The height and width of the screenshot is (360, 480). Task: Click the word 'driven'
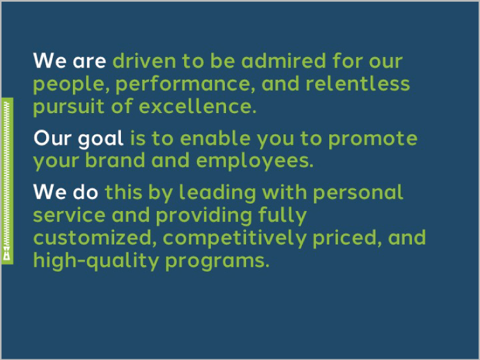click(145, 61)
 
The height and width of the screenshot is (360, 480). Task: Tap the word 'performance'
click(185, 85)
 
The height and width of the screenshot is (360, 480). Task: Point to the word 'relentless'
click(357, 83)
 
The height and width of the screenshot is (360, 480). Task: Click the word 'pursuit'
click(69, 107)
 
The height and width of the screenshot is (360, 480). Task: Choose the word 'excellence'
click(197, 106)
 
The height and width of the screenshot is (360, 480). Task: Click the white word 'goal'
click(101, 139)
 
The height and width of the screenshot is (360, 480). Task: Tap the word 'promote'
click(372, 139)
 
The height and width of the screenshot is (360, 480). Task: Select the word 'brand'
click(115, 161)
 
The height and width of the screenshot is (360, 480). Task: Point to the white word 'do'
click(86, 192)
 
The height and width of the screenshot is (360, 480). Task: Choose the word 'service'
click(69, 215)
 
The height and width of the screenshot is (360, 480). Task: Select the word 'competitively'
click(235, 239)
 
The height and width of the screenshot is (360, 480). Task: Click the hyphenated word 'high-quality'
click(96, 261)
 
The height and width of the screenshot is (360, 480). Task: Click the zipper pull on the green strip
click(7, 253)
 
